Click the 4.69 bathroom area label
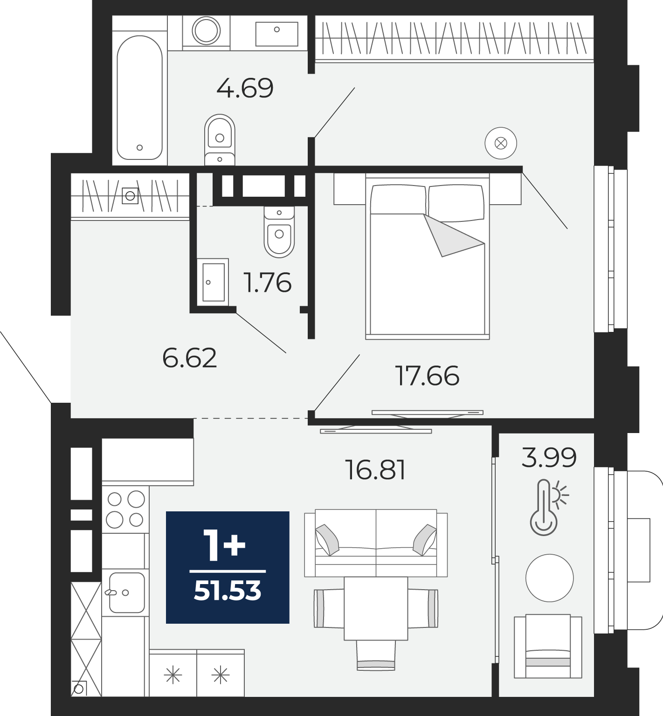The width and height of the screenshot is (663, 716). pyautogui.click(x=245, y=88)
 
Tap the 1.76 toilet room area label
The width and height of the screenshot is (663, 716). pyautogui.click(x=268, y=282)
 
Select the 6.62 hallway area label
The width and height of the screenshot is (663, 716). pyautogui.click(x=189, y=358)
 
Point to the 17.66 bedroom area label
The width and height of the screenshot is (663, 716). pyautogui.click(x=427, y=376)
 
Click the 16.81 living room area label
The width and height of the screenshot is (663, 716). pyautogui.click(x=375, y=469)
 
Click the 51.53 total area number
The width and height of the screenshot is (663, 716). pyautogui.click(x=228, y=591)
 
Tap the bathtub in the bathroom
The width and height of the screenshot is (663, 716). pyautogui.click(x=140, y=97)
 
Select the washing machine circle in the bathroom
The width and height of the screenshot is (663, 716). pyautogui.click(x=206, y=31)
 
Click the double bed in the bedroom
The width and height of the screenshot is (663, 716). pyautogui.click(x=428, y=256)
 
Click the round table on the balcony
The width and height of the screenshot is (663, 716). pyautogui.click(x=549, y=578)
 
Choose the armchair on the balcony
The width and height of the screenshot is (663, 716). pyautogui.click(x=548, y=646)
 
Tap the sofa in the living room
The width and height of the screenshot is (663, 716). pyautogui.click(x=376, y=543)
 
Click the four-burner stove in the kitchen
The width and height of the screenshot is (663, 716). pyautogui.click(x=125, y=509)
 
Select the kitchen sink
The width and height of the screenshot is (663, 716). pyautogui.click(x=126, y=592)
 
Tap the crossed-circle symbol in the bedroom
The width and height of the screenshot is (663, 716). pyautogui.click(x=501, y=143)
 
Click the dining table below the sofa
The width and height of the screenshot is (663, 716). pyautogui.click(x=376, y=608)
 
